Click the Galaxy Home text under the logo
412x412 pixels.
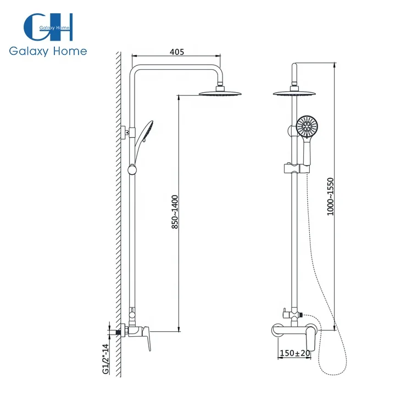coord(48,51)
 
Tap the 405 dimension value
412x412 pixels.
coord(176,52)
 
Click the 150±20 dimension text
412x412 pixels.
coord(295,353)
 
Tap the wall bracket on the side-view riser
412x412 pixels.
coord(127,131)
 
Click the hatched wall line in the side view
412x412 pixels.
coord(116,220)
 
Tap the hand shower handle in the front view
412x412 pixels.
coord(305,151)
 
